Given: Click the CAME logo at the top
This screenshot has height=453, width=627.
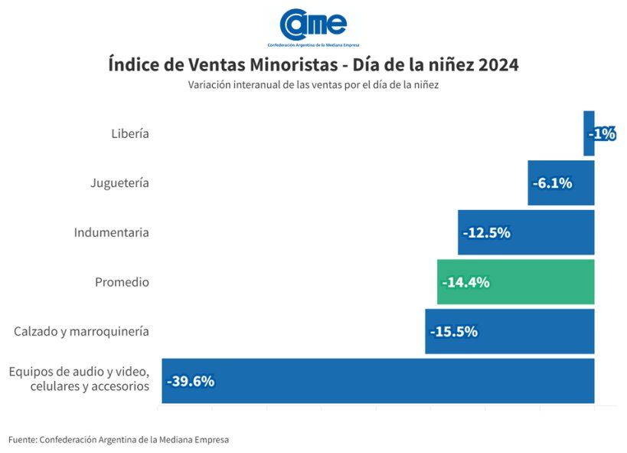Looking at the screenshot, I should pyautogui.click(x=313, y=24).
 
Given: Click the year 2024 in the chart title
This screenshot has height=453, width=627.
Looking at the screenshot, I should pyautogui.click(x=498, y=65).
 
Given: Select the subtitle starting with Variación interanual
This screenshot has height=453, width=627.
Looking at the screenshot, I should pyautogui.click(x=313, y=85).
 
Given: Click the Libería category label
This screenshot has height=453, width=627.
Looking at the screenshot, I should pyautogui.click(x=129, y=133).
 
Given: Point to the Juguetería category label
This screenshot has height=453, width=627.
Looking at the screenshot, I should pyautogui.click(x=119, y=183).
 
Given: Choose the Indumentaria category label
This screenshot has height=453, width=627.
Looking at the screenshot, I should pyautogui.click(x=111, y=232).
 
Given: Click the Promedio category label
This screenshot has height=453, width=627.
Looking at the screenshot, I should pyautogui.click(x=122, y=282).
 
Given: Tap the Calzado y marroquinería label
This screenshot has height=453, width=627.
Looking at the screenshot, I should pyautogui.click(x=81, y=331).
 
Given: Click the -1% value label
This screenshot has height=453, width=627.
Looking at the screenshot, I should pyautogui.click(x=602, y=133).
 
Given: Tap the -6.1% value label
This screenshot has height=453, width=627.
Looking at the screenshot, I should pyautogui.click(x=552, y=183).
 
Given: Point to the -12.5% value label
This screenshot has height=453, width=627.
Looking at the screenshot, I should pyautogui.click(x=487, y=232).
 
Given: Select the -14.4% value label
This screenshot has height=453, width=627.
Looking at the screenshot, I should pyautogui.click(x=466, y=282).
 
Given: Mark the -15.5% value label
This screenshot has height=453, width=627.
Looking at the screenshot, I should pyautogui.click(x=454, y=331).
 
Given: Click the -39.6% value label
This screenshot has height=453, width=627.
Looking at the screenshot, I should pyautogui.click(x=191, y=381).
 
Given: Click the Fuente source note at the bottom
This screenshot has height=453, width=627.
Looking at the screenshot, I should pyautogui.click(x=119, y=439).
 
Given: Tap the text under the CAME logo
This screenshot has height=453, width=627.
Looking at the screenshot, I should pyautogui.click(x=313, y=45).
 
